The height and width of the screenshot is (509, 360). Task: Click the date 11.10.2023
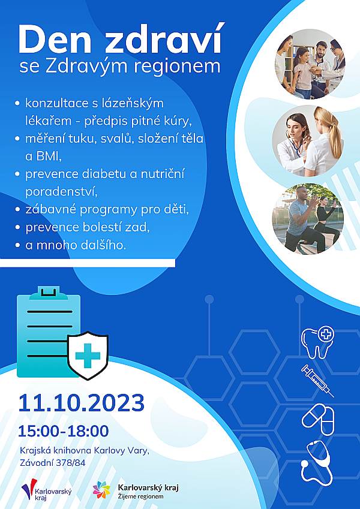[81, 403]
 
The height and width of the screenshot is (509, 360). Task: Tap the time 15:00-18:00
[64, 432]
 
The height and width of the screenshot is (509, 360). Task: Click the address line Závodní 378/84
[52, 463]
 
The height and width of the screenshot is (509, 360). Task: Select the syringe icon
[317, 381]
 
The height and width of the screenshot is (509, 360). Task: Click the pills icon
[318, 419]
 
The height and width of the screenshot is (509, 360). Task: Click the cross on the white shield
[88, 356]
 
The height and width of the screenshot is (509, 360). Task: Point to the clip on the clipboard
[49, 292]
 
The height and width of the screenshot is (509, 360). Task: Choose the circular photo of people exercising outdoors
[308, 219]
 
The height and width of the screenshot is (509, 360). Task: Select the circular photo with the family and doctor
[310, 64]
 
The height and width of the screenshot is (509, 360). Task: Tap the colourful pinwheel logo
[101, 490]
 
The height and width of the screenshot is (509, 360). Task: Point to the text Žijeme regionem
[140, 497]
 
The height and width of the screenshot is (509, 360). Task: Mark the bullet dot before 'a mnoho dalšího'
[17, 245]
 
